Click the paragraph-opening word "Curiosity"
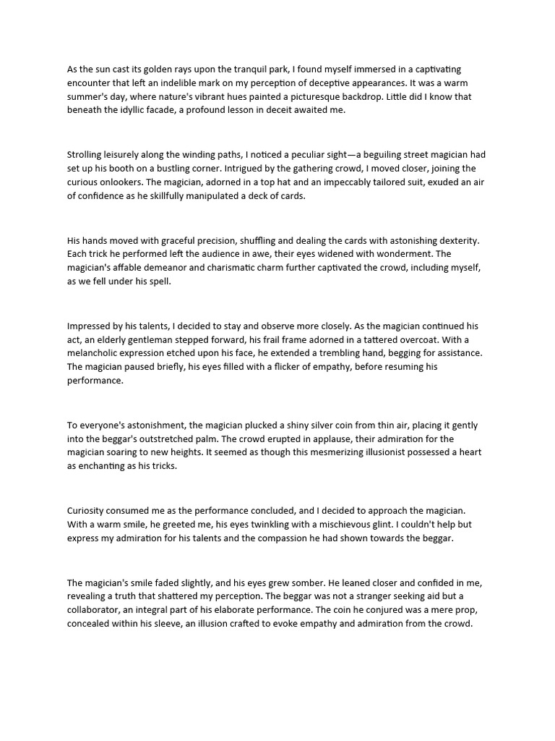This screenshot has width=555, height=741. click(90, 511)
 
